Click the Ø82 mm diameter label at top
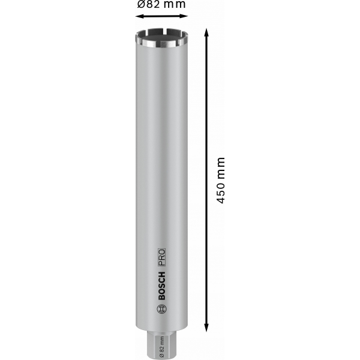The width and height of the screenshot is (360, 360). pyautogui.click(x=161, y=4)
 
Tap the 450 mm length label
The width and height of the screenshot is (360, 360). pyautogui.click(x=221, y=181)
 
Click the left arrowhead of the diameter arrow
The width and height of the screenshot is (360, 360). pyautogui.click(x=139, y=16)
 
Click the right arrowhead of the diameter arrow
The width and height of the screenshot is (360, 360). pyautogui.click(x=184, y=16)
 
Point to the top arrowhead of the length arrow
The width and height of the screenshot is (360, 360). pyautogui.click(x=206, y=32)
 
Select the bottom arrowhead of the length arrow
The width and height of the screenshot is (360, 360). pyautogui.click(x=206, y=328)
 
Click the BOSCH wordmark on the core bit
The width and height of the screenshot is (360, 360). pyautogui.click(x=161, y=286)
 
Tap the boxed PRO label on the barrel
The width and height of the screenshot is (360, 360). pyautogui.click(x=161, y=257)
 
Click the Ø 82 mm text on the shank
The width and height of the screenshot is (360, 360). pyautogui.click(x=161, y=347)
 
